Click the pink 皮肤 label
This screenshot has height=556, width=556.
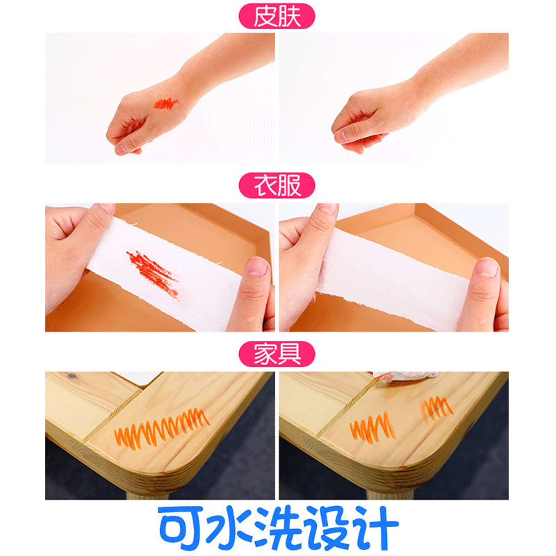tap(277, 16)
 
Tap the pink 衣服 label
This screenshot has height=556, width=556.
tap(277, 186)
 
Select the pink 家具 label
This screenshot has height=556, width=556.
tap(277, 354)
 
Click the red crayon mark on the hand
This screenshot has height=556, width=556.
tap(166, 104)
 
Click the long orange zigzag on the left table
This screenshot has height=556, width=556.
tap(162, 428)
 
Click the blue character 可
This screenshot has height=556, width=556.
tap(181, 528)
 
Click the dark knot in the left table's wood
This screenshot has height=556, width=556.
tap(72, 375)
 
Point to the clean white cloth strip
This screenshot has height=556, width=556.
tap(393, 280)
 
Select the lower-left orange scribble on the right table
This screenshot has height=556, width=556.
tap(371, 428)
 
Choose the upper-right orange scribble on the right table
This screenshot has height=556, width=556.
tap(436, 409)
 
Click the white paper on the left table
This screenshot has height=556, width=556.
tap(138, 377)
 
